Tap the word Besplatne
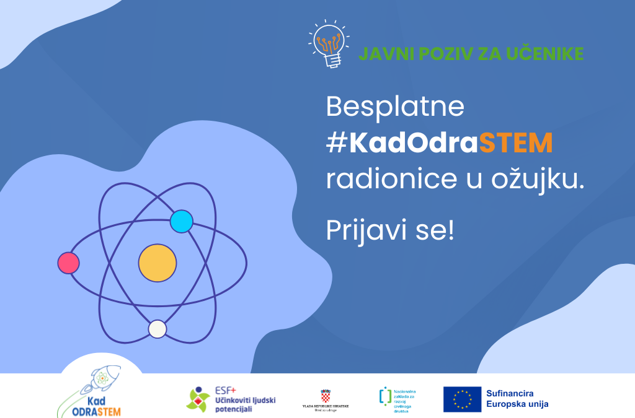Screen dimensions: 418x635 pos(395,107)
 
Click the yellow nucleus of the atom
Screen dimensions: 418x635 pos(158,262)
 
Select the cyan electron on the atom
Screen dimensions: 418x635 pos(181,221)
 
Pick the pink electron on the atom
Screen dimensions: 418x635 pos(68,263)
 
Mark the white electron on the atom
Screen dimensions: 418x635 pos(158,329)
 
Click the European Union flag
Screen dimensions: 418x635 pos(462,399)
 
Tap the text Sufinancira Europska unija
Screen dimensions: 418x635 pos(517,399)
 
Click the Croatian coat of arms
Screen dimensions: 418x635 pos(326,395)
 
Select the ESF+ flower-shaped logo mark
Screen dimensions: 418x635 pos(198,400)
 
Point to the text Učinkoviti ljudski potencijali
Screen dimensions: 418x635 pos(246,405)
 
